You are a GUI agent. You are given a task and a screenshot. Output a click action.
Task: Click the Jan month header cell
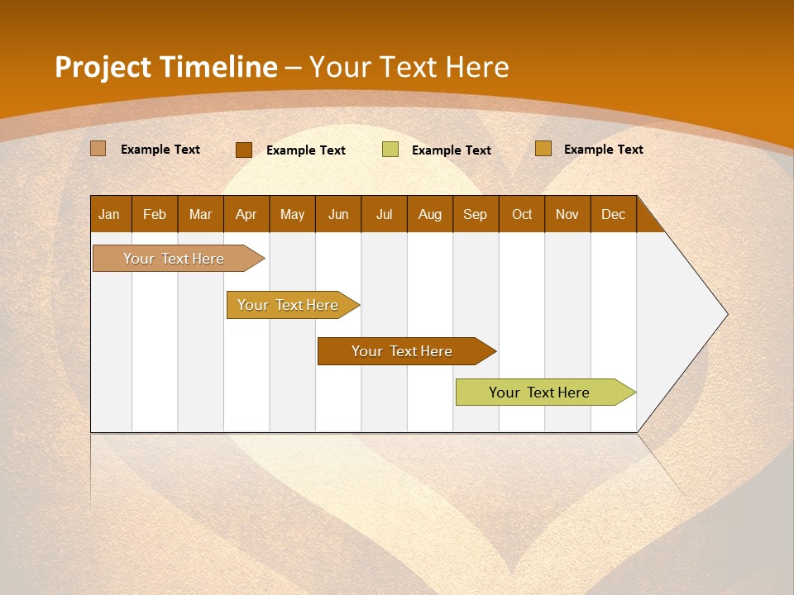(110, 214)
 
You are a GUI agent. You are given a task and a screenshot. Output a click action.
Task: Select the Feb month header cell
(155, 214)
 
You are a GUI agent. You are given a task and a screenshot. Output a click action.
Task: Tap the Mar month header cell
(200, 214)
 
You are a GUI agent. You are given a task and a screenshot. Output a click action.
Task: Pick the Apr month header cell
(246, 214)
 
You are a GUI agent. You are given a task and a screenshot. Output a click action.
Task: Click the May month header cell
(292, 214)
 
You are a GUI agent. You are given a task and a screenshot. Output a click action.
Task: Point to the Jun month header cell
(338, 214)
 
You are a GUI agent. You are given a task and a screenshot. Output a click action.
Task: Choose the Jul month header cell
(384, 214)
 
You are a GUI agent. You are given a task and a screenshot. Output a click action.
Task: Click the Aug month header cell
(430, 214)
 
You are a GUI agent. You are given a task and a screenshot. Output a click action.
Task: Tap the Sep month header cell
(476, 214)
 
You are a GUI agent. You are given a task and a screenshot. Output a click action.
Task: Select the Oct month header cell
(522, 214)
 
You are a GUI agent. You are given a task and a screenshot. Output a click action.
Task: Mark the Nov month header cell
(567, 214)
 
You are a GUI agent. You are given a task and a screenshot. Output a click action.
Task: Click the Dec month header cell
(614, 214)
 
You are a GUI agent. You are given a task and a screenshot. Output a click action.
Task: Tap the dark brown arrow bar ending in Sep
(403, 351)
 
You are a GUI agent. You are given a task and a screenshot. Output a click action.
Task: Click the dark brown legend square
(243, 150)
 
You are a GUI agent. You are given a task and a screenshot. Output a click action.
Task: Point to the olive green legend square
(390, 150)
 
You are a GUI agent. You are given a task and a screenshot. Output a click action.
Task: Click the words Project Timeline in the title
(166, 67)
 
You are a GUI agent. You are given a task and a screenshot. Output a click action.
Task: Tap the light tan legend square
(98, 149)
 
